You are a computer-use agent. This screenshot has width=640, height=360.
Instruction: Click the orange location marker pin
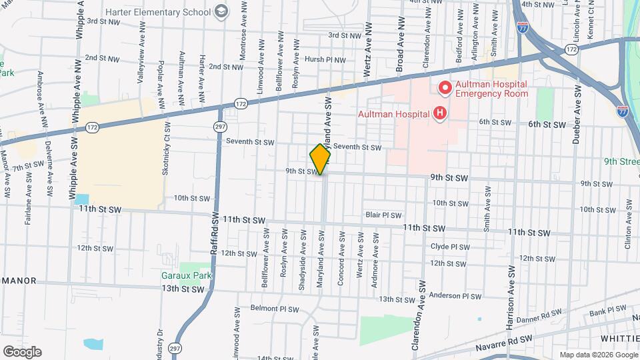click(321, 159)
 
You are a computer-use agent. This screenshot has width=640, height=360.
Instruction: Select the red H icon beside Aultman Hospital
click(439, 113)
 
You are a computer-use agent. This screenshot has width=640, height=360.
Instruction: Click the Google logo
click(22, 351)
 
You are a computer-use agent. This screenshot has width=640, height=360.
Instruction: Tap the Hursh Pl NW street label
click(325, 59)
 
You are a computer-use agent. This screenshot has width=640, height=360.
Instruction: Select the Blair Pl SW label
click(384, 215)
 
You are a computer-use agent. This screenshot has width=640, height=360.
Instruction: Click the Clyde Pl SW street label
click(449, 246)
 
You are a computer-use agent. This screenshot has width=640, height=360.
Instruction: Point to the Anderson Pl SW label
click(455, 295)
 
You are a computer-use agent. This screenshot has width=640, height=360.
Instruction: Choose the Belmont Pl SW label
click(275, 309)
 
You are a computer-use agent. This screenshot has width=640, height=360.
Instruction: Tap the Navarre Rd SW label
click(505, 342)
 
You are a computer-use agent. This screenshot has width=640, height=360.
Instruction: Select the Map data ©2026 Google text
click(599, 355)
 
